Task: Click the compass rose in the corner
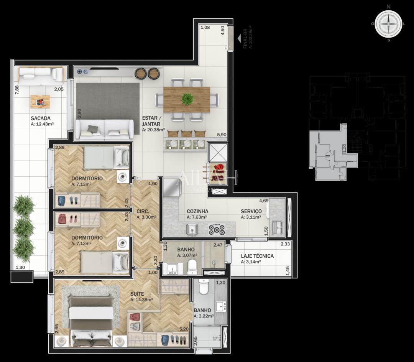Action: point(388,24)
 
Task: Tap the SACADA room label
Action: point(41,118)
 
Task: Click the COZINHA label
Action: point(197,211)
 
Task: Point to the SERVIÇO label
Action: point(251,211)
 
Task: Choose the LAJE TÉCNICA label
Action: point(257,256)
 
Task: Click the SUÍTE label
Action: point(137,294)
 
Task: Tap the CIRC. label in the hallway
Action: point(143,211)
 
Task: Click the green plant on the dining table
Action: point(187,99)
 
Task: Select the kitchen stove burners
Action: point(216,229)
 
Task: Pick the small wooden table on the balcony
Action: point(40,102)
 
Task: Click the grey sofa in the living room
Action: point(104,129)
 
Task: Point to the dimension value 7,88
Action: point(16,90)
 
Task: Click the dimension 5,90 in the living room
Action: point(222,135)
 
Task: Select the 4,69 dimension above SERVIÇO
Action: point(263,201)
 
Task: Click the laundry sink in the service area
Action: point(276,227)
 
